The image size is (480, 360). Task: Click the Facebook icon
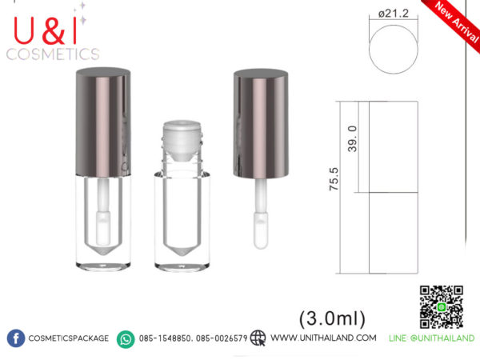[x=16, y=338]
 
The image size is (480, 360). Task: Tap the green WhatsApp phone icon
[x=126, y=339]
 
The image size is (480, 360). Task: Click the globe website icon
[x=258, y=338]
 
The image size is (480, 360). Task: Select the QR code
[x=441, y=307]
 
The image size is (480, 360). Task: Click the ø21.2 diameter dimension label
[x=394, y=14]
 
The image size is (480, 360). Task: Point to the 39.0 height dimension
[x=352, y=138]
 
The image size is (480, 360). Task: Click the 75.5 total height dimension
[x=334, y=179]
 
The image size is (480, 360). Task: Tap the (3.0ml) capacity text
[x=332, y=318]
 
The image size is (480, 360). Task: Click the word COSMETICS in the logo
[x=53, y=54]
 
